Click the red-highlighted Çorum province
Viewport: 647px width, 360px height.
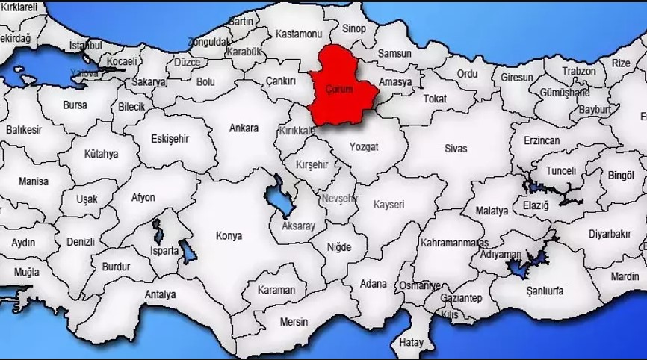[x=340, y=86]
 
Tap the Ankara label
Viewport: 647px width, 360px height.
[x=244, y=128]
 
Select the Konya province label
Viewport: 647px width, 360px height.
[x=229, y=236]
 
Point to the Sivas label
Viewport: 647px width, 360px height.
[x=455, y=149]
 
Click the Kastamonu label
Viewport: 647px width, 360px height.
[x=298, y=34]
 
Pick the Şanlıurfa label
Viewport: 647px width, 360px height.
[x=545, y=291]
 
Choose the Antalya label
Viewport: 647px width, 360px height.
[x=160, y=294]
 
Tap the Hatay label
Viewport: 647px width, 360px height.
[x=412, y=343]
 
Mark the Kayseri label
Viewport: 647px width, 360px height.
[x=388, y=204]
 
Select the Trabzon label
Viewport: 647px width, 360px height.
[x=579, y=71]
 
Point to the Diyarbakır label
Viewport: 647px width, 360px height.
[x=610, y=234]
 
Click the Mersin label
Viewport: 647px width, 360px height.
[x=294, y=322]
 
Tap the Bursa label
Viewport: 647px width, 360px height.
[x=75, y=105]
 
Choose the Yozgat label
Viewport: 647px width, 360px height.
[x=364, y=146]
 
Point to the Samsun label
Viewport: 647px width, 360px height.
[x=394, y=54]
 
